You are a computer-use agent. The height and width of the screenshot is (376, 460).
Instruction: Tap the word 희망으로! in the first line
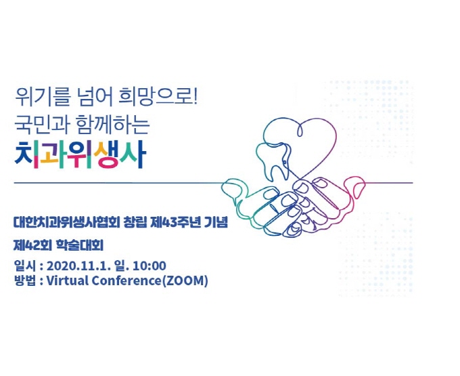coord(158,98)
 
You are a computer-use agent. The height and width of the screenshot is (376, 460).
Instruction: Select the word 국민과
coord(42,125)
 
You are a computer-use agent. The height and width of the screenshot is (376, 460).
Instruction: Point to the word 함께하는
coord(113,125)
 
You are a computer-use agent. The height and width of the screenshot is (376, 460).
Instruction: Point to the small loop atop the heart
coord(300,130)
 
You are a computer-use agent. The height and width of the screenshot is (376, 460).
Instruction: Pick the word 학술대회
coord(79,245)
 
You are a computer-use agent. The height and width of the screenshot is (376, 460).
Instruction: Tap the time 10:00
coord(149,266)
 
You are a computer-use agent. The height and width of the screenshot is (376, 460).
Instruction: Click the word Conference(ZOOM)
coord(149,281)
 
